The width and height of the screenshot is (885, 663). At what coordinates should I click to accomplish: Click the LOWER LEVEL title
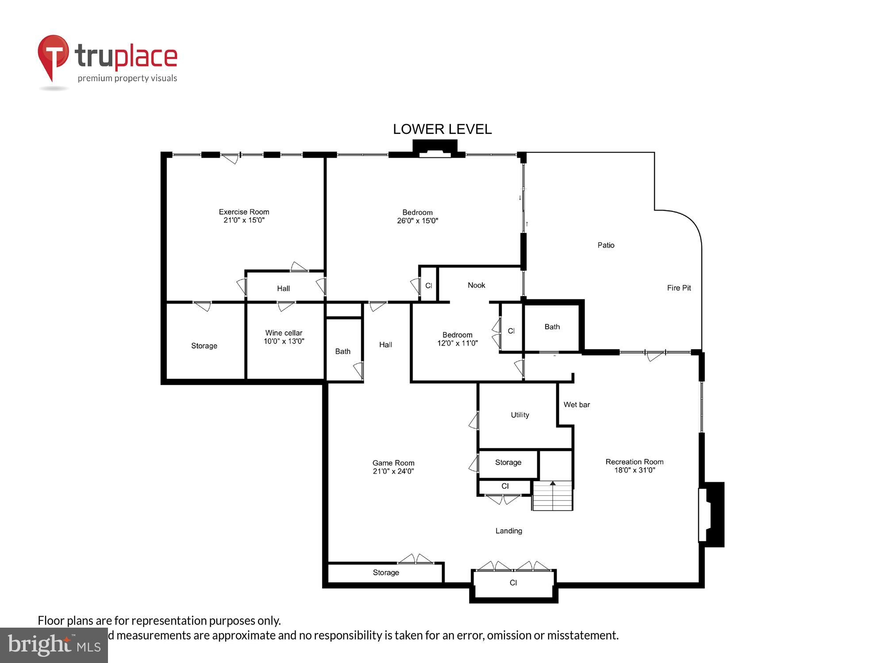coord(442,129)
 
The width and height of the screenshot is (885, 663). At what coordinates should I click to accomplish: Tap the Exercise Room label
coord(244,212)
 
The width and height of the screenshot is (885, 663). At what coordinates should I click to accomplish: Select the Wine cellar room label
coord(284,333)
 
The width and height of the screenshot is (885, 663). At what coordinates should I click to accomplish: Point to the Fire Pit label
coord(679,288)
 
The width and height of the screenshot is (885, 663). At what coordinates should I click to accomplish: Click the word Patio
coord(606,245)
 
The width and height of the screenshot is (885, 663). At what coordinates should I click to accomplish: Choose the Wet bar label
coord(577,404)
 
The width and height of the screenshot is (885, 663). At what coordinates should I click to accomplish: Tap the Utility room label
coord(519,415)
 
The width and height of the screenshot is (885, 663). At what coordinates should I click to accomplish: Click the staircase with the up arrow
coord(552,496)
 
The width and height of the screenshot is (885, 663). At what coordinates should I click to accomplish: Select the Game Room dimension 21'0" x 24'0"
coord(393,471)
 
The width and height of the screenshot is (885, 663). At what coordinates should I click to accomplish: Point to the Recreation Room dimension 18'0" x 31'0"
coord(634,470)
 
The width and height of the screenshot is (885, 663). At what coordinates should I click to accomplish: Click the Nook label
coord(476,285)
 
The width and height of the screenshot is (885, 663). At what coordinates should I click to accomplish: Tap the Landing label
coord(508,531)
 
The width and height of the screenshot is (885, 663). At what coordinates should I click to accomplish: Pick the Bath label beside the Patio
coord(552,327)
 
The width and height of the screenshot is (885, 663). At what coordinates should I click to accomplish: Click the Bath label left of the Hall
coord(342,351)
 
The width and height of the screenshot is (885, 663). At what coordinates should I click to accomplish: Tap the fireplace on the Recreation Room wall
coord(712,514)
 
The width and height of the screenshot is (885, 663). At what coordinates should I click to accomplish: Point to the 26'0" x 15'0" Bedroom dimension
coord(417,221)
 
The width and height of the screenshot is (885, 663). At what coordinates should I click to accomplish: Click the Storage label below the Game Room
coord(386,572)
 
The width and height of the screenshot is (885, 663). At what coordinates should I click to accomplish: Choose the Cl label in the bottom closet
coord(513,583)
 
